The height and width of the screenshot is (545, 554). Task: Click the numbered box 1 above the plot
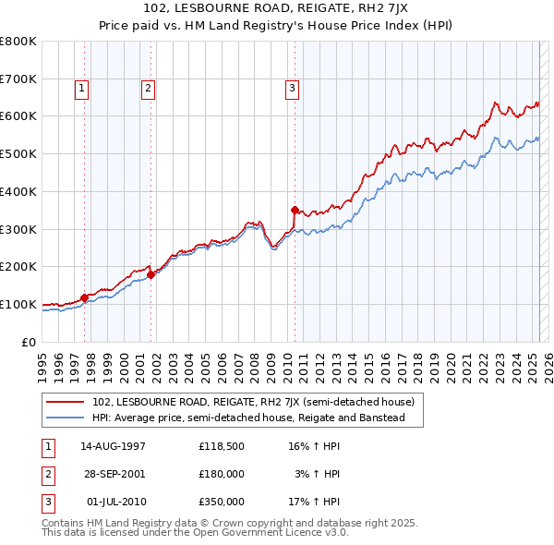click(82, 89)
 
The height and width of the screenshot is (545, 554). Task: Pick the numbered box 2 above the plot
click(148, 89)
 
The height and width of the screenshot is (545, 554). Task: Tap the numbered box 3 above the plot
click(292, 89)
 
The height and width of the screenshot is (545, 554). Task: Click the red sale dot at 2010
click(295, 210)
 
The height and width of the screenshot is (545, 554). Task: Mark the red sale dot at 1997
click(84, 297)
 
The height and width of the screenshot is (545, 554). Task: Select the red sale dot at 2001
click(151, 273)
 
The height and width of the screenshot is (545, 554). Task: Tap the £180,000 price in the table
click(221, 474)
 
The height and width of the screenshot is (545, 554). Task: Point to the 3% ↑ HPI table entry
click(319, 474)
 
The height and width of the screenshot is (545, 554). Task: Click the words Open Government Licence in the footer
click(264, 533)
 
